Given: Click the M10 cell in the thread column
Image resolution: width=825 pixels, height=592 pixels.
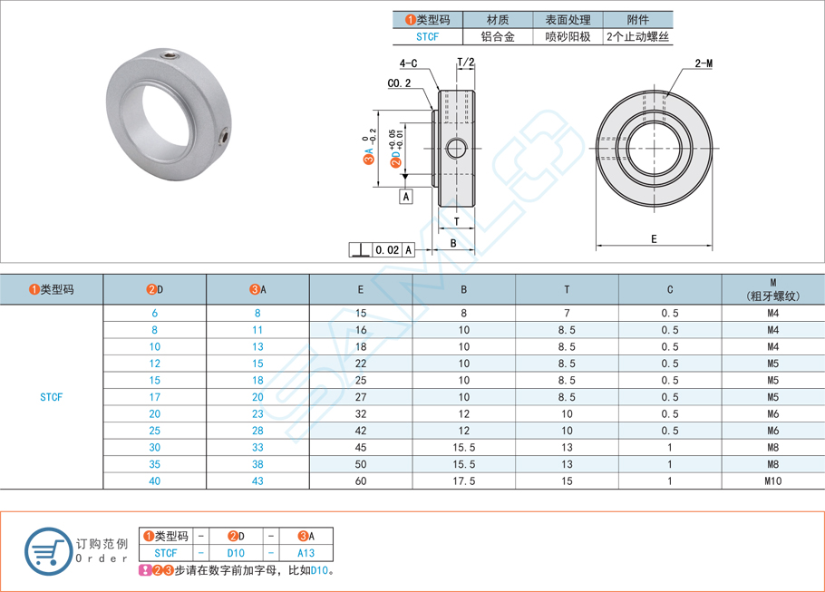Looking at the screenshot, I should click(772, 481).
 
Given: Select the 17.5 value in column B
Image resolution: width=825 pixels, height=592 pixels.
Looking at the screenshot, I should click(463, 481).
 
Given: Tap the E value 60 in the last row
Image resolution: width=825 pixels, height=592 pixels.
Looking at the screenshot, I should click(361, 481).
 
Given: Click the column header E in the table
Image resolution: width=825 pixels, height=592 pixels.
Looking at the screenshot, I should click(361, 290).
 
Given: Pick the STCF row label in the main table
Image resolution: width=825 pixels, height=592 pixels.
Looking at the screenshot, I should click(52, 397).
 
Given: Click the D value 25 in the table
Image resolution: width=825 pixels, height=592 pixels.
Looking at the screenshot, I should click(155, 431).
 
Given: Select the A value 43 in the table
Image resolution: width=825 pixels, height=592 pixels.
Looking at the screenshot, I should click(257, 481).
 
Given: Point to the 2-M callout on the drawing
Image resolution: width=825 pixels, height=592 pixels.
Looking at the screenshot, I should click(704, 63).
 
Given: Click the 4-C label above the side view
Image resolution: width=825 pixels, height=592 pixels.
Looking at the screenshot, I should click(408, 63).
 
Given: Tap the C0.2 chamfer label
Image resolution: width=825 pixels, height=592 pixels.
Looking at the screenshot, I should click(399, 83).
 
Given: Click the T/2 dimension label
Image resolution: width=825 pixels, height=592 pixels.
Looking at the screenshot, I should click(466, 63).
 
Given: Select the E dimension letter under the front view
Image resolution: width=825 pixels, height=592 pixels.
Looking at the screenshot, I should click(654, 239).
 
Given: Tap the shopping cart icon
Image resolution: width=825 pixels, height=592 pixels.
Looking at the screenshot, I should click(46, 550).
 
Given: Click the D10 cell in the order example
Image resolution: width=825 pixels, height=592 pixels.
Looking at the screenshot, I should click(235, 552).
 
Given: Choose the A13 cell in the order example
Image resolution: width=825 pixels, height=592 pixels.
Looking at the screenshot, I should click(306, 552).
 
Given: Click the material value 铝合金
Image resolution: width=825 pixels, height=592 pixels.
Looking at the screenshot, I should click(497, 37).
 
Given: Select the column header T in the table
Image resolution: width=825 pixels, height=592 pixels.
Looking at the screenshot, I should click(567, 290).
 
